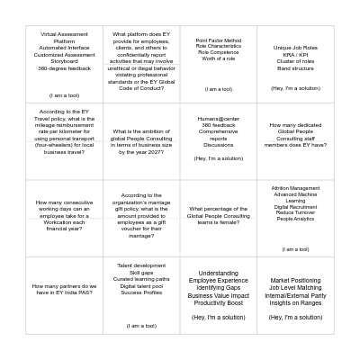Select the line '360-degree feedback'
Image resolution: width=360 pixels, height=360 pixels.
coord(65,68)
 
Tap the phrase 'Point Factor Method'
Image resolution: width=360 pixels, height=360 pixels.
coord(219,40)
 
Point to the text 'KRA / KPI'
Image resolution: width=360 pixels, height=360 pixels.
coord(295,54)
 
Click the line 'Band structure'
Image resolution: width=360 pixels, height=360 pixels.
coord(295,67)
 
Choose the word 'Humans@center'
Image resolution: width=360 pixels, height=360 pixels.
coord(219,118)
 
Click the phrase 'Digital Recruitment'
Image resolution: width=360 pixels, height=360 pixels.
coord(295,207)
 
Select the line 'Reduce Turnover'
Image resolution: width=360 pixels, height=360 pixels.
coord(295,213)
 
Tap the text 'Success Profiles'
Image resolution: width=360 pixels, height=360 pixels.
coord(141,292)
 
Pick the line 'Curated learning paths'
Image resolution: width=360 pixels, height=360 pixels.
coord(141,279)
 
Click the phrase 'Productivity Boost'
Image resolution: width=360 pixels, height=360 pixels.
coord(219,303)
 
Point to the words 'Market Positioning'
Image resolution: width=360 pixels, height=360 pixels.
coord(295,280)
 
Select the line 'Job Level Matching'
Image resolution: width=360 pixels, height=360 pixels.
coord(295,288)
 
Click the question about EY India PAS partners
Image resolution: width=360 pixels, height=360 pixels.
coord(65,289)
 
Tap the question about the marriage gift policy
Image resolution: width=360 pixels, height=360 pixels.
coord(141,215)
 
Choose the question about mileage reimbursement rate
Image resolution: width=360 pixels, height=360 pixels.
coord(65,135)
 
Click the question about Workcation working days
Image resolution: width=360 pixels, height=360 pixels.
coord(65,216)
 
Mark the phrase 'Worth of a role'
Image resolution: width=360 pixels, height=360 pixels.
coord(219,58)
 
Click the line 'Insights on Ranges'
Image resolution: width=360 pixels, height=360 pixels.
coord(295,303)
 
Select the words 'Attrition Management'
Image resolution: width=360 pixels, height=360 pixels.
coord(295,188)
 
